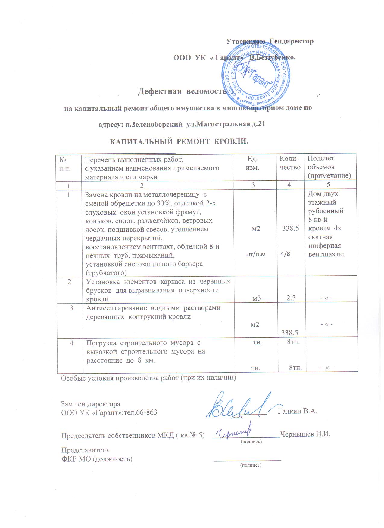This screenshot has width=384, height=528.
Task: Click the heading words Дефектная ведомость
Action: [182, 91]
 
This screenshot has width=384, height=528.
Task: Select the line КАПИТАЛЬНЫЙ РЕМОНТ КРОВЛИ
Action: [179, 141]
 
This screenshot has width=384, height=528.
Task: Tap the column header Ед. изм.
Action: [253, 163]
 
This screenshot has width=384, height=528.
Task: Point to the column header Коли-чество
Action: [290, 163]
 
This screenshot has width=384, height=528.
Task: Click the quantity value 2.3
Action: [291, 298]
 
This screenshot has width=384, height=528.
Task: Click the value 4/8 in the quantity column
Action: [285, 254]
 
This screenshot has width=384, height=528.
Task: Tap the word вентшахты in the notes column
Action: [326, 254]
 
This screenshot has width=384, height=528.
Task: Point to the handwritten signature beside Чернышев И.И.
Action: [235, 432]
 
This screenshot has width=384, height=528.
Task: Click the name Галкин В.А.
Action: [297, 411]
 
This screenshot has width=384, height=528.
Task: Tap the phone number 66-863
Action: [146, 412]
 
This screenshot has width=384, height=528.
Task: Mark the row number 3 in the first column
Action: [71, 308]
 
